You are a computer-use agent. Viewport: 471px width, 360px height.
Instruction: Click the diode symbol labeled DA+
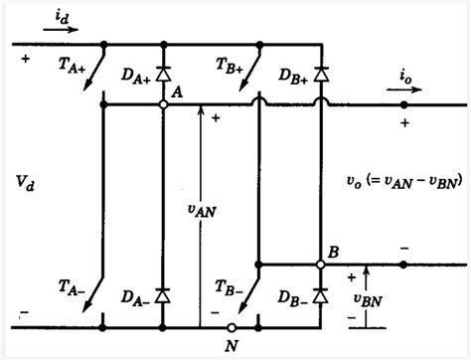[x=163, y=73]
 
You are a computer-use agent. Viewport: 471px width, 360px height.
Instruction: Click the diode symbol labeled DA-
[x=163, y=295]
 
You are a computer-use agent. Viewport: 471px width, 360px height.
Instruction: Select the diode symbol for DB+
[x=321, y=73]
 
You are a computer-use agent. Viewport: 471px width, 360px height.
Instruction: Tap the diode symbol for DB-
[x=321, y=295]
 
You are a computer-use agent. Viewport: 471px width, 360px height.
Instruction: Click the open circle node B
[x=321, y=265]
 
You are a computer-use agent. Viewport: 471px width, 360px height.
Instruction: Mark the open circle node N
[x=230, y=327]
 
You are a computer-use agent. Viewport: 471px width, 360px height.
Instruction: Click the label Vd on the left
[x=28, y=182]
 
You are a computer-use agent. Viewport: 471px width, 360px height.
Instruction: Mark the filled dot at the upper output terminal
[x=403, y=104]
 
